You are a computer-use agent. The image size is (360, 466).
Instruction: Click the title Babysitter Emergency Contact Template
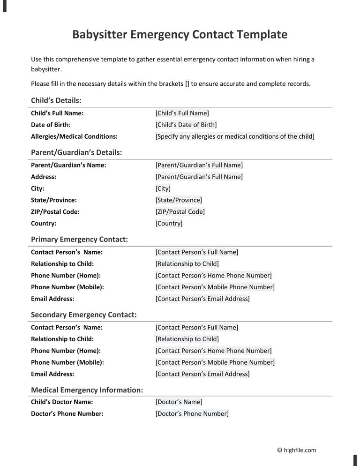180,35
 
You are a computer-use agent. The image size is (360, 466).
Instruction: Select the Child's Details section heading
56,100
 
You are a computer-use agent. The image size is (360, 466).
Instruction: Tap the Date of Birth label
51,125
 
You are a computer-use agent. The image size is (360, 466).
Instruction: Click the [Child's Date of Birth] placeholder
186,125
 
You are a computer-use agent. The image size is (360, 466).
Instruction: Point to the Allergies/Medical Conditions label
74,136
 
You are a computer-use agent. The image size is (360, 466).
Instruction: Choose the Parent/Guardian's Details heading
76,152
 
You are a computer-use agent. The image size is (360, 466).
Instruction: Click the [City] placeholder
163,188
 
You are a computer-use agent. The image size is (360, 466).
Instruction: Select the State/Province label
54,200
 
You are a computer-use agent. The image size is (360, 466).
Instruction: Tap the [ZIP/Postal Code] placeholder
180,212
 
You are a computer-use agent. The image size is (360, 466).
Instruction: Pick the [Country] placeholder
169,224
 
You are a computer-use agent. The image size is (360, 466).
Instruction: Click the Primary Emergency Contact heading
79,240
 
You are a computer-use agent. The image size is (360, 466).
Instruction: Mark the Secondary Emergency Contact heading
84,315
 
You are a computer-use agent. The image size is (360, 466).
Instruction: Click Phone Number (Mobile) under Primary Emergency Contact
67,287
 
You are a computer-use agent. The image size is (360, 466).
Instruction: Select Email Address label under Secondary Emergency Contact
52,374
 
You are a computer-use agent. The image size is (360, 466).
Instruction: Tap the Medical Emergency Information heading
87,390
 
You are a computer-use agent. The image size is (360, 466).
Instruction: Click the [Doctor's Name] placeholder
179,402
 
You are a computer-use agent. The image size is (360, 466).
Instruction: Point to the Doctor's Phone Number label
67,413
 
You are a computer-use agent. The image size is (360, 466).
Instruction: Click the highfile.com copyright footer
296,450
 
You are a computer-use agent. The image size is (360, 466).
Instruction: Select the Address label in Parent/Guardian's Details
44,177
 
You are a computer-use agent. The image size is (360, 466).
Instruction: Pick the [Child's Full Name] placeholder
182,113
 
